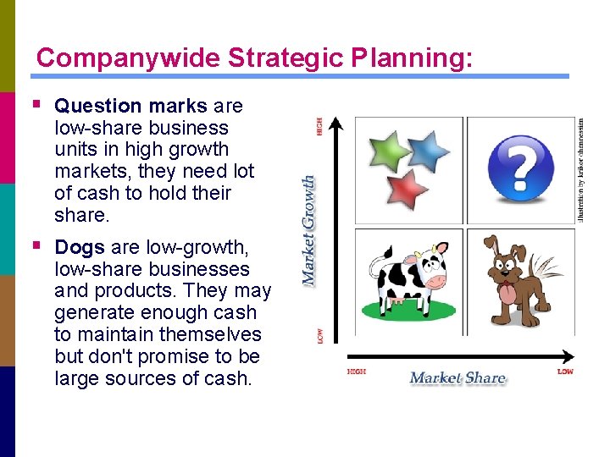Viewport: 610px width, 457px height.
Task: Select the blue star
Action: pyautogui.click(x=429, y=150)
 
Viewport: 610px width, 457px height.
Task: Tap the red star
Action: pyautogui.click(x=409, y=187)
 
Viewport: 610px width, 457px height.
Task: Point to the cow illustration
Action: pyautogui.click(x=408, y=280)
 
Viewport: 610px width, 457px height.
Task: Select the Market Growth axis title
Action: pyautogui.click(x=310, y=228)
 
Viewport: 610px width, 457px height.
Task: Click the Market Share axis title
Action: pyautogui.click(x=457, y=377)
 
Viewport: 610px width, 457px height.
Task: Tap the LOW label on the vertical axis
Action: pyautogui.click(x=319, y=335)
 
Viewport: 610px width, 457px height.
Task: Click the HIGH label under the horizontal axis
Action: pyautogui.click(x=357, y=372)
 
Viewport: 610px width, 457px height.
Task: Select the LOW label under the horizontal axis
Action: pyautogui.click(x=565, y=372)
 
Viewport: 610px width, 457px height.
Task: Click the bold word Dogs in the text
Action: pyautogui.click(x=80, y=247)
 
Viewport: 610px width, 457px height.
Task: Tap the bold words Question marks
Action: pyautogui.click(x=130, y=106)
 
